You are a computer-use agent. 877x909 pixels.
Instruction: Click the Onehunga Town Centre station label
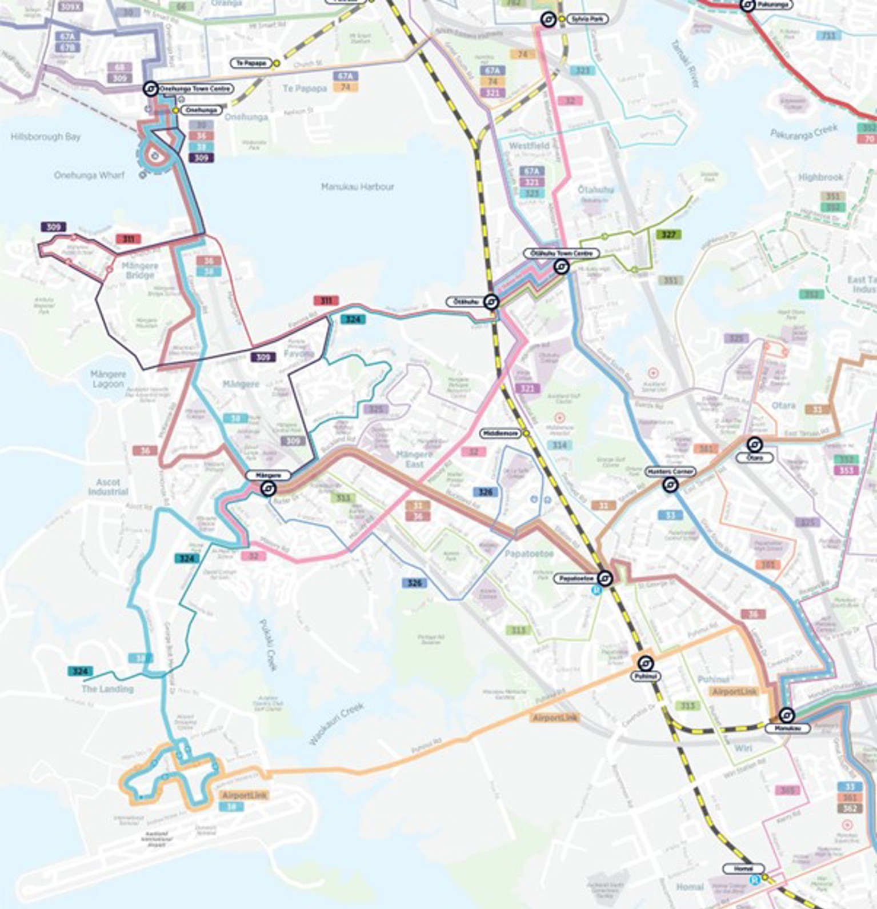195,89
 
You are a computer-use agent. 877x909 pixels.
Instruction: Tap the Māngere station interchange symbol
268,488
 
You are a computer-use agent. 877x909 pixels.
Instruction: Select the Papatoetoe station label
576,579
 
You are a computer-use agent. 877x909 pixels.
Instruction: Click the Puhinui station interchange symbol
646,663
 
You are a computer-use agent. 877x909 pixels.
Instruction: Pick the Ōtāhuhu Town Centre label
562,253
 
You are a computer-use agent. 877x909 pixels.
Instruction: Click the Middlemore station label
500,434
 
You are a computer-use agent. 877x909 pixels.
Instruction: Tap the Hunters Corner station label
670,471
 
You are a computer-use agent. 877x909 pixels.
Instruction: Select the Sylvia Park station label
587,19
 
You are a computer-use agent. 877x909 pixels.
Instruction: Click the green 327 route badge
668,234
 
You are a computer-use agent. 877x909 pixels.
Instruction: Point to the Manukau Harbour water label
358,187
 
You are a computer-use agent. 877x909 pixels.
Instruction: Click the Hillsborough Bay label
45,137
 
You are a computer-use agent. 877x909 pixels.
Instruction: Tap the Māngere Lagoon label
108,379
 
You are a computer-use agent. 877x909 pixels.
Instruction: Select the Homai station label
743,868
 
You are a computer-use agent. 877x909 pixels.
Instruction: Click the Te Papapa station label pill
251,63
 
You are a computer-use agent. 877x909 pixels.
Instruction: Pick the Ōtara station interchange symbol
754,445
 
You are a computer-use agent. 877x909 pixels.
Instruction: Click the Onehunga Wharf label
89,175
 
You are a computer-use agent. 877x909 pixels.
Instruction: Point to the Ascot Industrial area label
108,487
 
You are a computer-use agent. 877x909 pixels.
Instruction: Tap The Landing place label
107,689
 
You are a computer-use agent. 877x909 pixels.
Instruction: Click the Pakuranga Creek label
803,134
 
